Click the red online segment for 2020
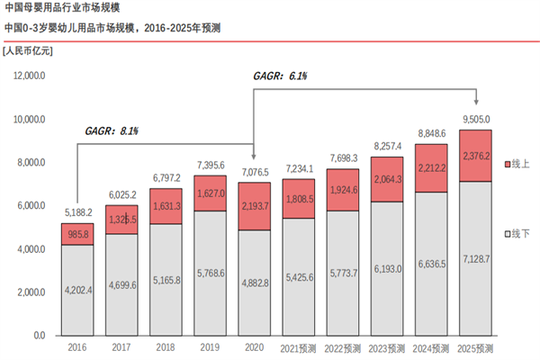pos(254,206)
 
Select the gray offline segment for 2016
pos(78,290)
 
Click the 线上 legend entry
pos(517,163)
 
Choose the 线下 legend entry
pos(517,234)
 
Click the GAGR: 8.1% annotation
pos(112,132)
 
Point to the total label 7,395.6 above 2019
pos(210,165)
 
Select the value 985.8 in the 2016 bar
pos(78,234)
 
